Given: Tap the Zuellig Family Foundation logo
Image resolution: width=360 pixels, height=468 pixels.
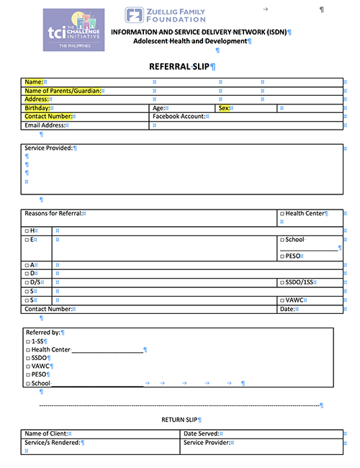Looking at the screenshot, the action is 164,15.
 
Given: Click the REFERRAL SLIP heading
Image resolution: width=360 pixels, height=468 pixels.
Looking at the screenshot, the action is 180,66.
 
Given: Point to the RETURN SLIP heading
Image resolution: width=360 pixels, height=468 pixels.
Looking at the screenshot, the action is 179,419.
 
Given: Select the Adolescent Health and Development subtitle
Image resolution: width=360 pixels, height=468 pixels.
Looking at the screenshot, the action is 191,41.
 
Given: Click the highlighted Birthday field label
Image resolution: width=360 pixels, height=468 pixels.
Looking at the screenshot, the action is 38,108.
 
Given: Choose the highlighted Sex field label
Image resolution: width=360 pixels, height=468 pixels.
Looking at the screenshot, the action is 224,108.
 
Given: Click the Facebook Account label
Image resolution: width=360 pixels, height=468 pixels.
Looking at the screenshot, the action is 179,116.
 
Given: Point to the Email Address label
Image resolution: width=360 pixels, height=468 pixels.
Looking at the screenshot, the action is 45,125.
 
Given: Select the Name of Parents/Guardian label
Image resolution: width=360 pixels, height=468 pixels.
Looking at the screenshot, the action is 62,91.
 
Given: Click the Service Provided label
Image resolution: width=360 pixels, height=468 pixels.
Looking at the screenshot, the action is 48,148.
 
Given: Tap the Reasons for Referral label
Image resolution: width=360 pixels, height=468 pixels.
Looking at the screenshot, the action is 53,213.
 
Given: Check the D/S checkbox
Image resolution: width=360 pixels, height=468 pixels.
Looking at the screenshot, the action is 27,282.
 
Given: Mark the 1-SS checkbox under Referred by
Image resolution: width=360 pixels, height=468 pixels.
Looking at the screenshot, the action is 27,341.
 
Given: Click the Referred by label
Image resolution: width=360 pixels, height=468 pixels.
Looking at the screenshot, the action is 42,332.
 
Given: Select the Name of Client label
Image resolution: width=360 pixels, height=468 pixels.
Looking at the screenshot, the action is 45,433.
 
